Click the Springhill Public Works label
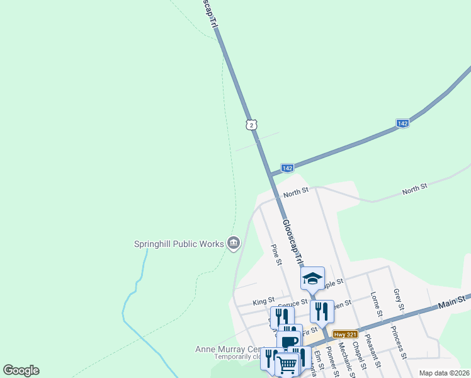[178, 244]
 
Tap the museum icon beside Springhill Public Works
[234, 243]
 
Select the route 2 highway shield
[252, 125]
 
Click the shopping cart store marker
[287, 364]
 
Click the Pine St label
[276, 255]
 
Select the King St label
[263, 302]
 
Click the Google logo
[21, 370]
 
